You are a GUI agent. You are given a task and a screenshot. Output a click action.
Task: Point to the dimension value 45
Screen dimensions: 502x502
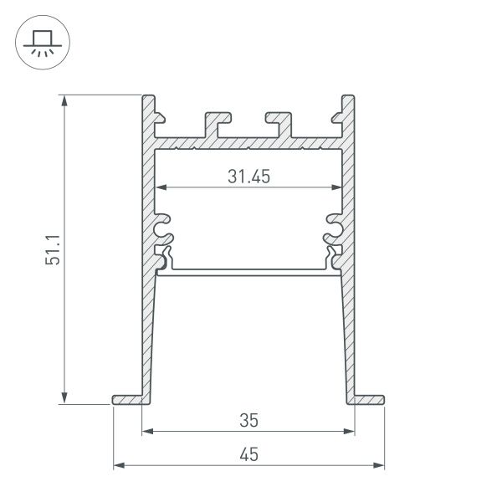click(248, 454)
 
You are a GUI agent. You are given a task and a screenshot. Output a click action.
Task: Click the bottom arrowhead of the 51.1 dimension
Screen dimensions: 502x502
click(65, 397)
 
